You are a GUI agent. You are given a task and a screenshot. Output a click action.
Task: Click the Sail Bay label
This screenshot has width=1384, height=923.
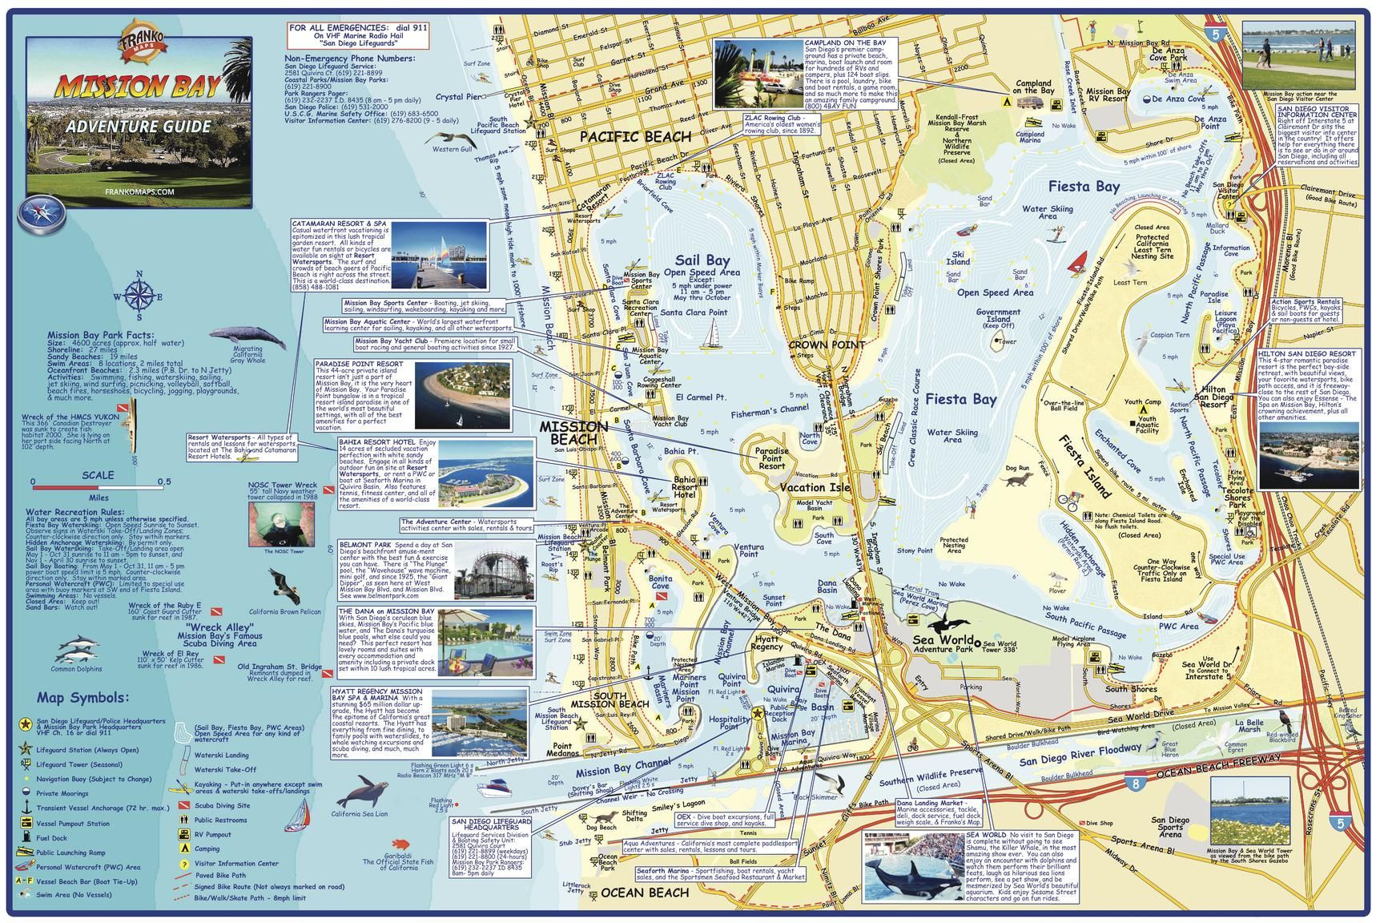pos(702,260)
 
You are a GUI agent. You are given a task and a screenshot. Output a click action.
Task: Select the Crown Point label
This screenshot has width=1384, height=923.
pos(826,345)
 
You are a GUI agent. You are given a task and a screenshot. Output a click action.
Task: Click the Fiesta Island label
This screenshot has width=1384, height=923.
pos(1086,467)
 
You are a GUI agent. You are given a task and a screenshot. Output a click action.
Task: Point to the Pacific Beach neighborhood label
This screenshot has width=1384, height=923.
pos(635,136)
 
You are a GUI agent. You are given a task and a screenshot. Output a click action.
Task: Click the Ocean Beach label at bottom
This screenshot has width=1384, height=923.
pos(645,893)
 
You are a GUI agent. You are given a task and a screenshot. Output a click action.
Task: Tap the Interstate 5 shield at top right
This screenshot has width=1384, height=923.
pos(1217,34)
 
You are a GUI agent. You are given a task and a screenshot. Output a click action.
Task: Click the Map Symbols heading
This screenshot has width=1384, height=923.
pos(82,698)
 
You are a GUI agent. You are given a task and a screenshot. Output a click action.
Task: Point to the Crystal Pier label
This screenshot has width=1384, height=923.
pos(459,97)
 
